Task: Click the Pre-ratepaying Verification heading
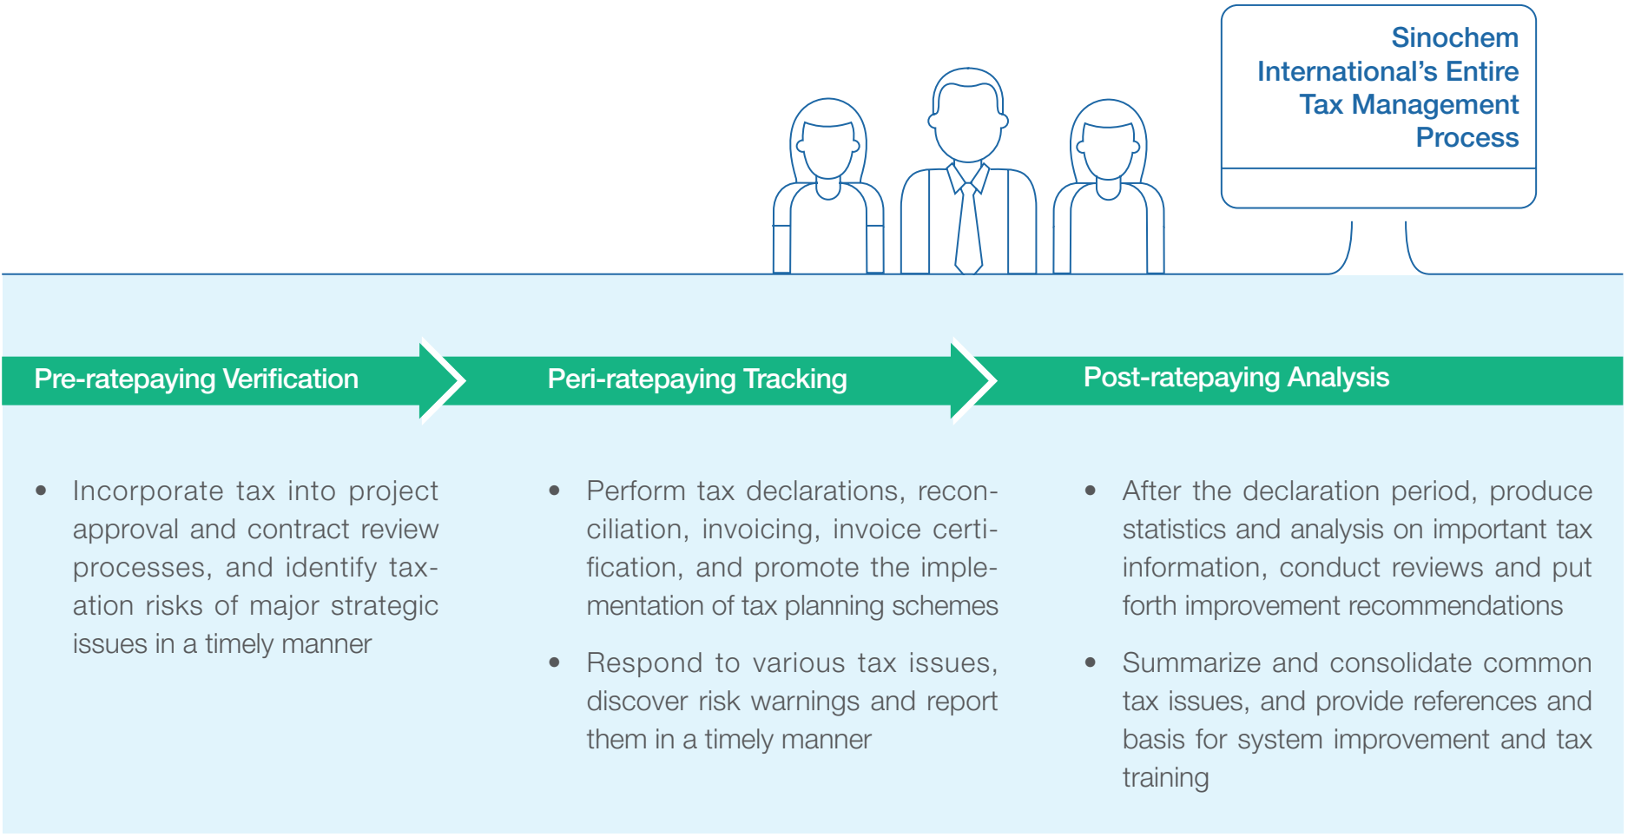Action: click(196, 379)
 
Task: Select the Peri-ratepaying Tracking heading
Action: click(697, 379)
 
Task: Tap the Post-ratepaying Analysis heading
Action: click(1236, 378)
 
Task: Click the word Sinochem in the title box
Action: click(1454, 38)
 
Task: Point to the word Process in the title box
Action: click(1467, 138)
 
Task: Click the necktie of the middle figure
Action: click(968, 230)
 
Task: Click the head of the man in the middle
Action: click(968, 117)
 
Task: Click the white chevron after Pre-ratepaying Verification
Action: click(445, 380)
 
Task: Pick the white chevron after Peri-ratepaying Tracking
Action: click(977, 380)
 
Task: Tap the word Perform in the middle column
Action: click(635, 491)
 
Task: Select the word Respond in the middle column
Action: click(644, 663)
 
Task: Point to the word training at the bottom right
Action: click(1165, 778)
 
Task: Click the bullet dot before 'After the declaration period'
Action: click(1091, 491)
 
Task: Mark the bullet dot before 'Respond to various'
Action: click(555, 663)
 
